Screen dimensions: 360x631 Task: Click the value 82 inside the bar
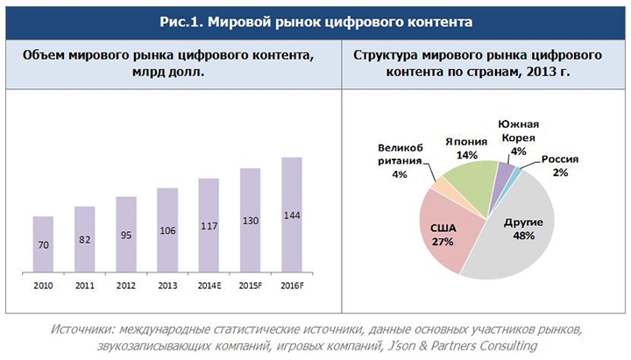pos(84,239)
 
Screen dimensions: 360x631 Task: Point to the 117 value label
pos(209,224)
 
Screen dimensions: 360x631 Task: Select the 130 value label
pos(250,220)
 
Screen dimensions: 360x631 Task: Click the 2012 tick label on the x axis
pos(125,286)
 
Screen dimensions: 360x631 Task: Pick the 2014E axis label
pos(209,286)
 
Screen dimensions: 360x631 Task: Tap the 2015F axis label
pos(250,286)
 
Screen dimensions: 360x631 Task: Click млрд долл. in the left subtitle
pos(167,74)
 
